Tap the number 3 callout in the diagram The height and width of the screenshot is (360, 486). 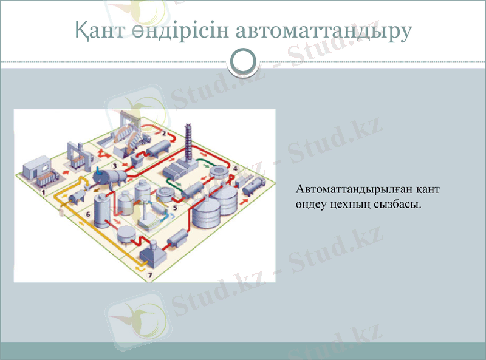coord(114,165)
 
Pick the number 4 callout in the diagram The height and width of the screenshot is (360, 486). coord(235,168)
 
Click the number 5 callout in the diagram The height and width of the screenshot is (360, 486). coord(176,208)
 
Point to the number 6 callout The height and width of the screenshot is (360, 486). coord(89,214)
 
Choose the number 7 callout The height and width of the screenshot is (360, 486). coord(151,274)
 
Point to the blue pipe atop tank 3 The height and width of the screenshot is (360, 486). coord(97,169)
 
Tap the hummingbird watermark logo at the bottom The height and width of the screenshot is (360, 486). coord(137,319)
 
